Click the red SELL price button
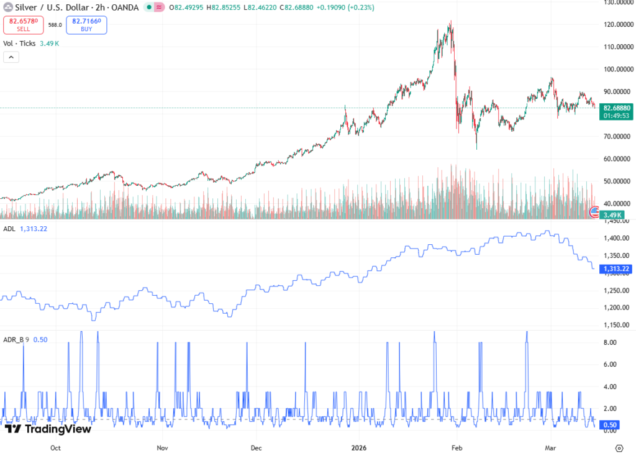23,25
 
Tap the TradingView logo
48,429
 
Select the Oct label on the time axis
55,447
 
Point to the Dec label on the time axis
257,447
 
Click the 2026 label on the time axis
359,447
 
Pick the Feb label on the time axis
457,447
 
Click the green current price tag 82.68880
617,108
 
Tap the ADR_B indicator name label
14,339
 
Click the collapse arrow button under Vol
11,57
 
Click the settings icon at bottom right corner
619,447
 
